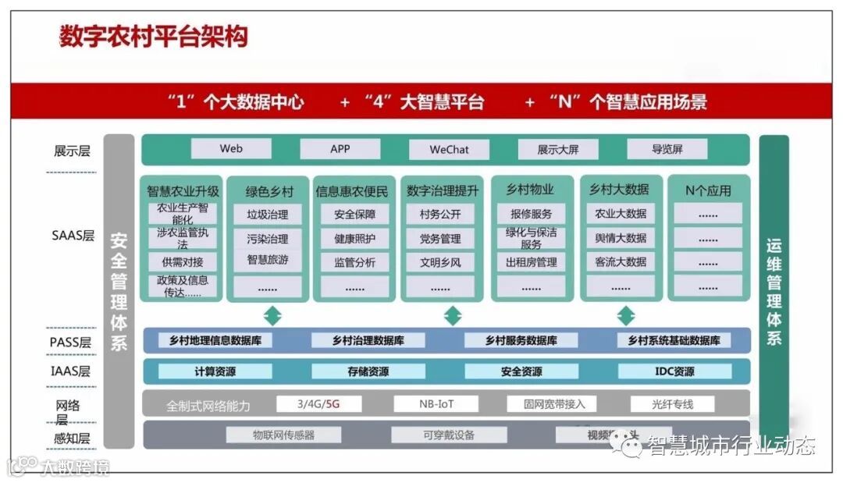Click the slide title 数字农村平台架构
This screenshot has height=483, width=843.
click(154, 37)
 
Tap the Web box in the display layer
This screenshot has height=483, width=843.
click(231, 149)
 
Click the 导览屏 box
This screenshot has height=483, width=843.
click(667, 149)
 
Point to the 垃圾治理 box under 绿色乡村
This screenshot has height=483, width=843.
click(267, 215)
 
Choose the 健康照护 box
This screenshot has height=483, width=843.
click(354, 239)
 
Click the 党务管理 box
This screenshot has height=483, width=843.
click(440, 239)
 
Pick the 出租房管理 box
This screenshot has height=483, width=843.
click(531, 263)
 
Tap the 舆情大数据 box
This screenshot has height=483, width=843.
click(621, 239)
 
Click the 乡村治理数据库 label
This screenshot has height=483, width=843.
click(368, 340)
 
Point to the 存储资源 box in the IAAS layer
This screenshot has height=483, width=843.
click(368, 371)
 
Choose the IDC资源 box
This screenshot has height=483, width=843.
click(674, 371)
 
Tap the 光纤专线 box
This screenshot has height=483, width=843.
click(672, 404)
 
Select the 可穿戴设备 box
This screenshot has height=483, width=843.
click(448, 435)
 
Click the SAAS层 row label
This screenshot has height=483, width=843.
click(73, 235)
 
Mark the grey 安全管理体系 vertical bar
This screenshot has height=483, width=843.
click(119, 290)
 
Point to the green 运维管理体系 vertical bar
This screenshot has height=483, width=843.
click(774, 290)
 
